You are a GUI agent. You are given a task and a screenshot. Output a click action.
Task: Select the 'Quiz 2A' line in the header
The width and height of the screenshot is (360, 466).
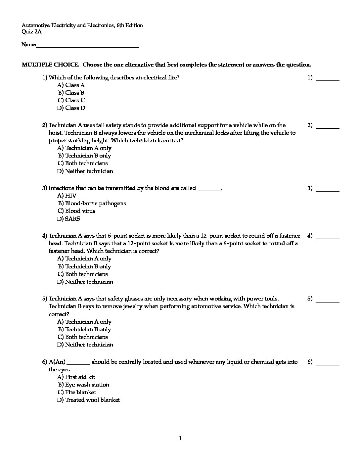(32, 32)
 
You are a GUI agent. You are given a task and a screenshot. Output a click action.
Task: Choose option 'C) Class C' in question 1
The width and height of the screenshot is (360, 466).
(71, 100)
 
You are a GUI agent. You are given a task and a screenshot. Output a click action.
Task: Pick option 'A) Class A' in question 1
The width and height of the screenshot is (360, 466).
(71, 85)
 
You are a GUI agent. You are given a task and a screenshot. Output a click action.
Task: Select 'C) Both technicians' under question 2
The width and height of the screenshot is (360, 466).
(83, 163)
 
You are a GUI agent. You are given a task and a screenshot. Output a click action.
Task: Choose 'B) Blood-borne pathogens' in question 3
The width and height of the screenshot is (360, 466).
(92, 203)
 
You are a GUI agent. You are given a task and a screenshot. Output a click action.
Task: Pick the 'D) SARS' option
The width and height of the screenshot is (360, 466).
(68, 219)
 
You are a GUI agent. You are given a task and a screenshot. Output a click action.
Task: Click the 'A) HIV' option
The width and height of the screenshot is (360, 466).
(67, 196)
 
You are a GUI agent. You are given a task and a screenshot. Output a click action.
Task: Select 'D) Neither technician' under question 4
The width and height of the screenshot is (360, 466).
(85, 282)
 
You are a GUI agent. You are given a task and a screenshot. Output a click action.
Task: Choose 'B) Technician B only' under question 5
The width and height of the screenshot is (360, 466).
(85, 329)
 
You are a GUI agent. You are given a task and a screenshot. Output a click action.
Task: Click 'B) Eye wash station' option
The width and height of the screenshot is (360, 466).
(84, 385)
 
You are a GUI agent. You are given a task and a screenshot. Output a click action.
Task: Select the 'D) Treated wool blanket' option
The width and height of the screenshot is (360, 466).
(89, 400)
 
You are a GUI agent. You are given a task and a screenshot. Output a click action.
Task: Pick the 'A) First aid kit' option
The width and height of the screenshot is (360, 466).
(76, 377)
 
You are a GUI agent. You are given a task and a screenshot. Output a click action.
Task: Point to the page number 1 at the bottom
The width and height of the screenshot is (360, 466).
(180, 439)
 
